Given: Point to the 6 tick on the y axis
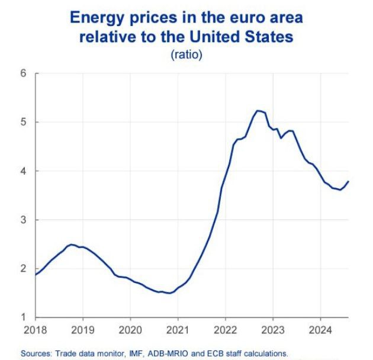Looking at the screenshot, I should (x=24, y=73).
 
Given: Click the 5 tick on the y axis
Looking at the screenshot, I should (x=24, y=123).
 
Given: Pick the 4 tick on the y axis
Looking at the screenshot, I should (x=24, y=171).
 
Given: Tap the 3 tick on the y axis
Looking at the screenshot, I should (x=24, y=220).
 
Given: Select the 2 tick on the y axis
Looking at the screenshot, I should (x=24, y=269).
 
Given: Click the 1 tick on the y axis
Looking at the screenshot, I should (x=24, y=317).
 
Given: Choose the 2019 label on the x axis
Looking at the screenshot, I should (x=83, y=329).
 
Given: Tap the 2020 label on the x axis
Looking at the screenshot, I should (x=130, y=329).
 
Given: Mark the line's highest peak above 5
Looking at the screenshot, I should (x=258, y=110).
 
